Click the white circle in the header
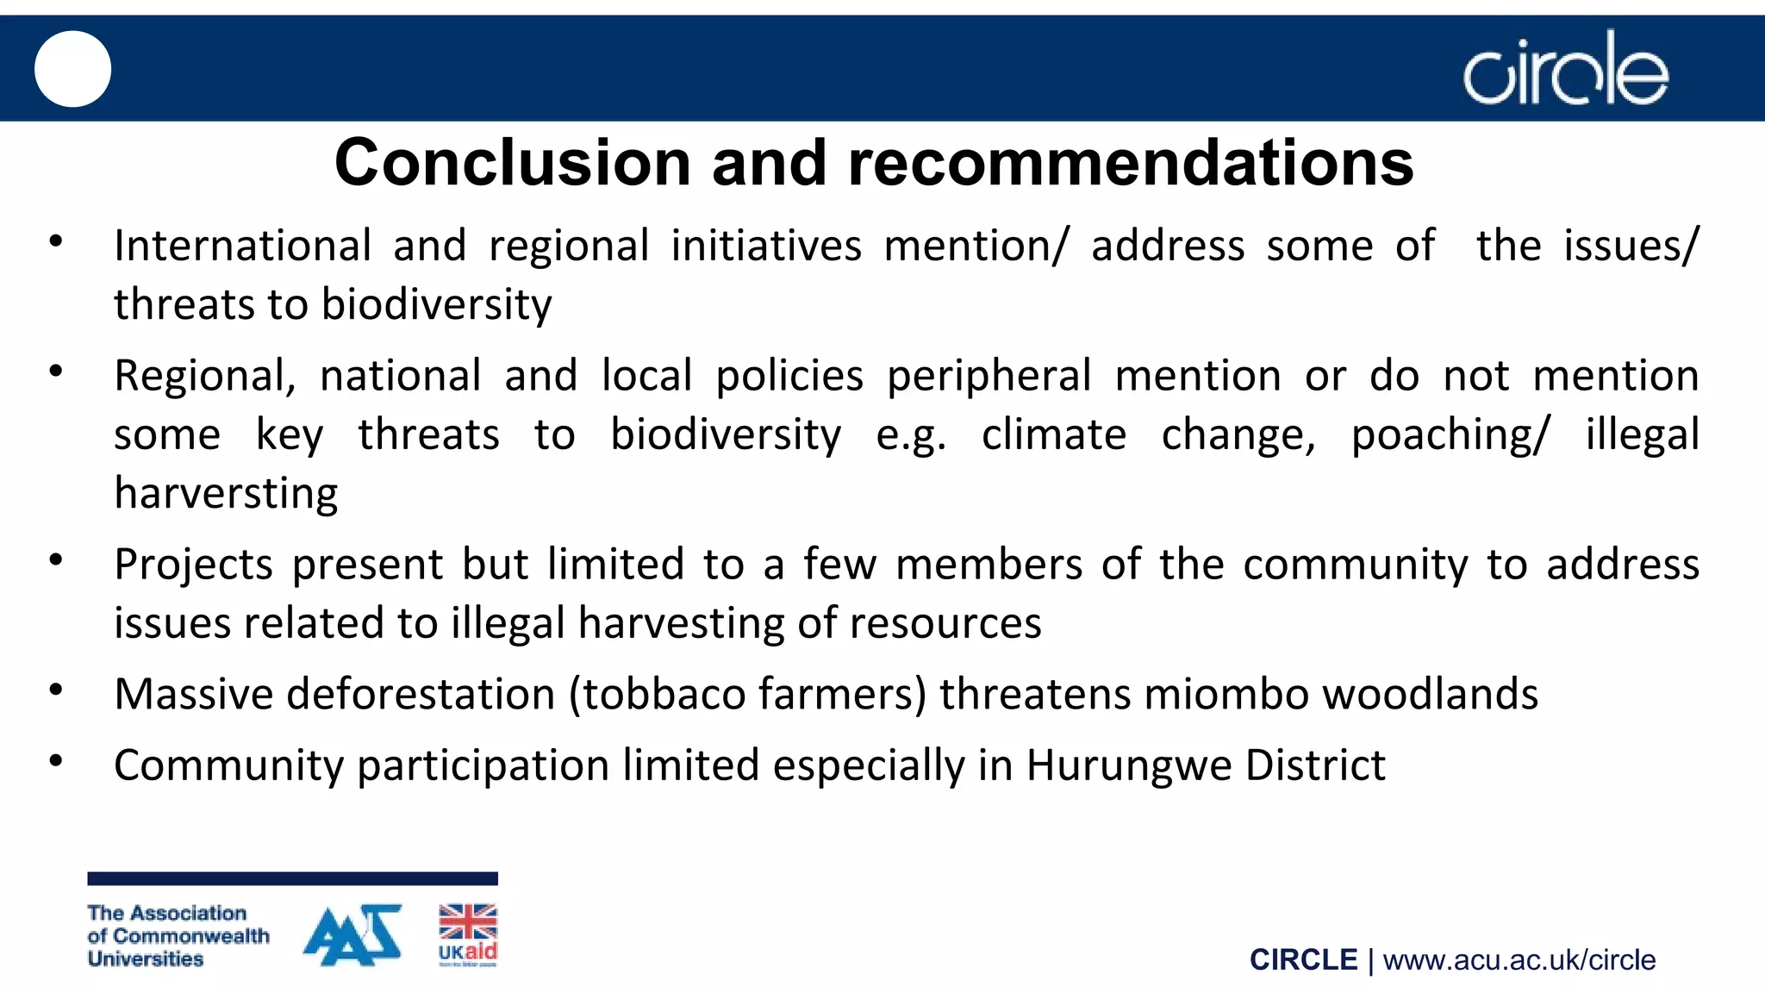coord(72,69)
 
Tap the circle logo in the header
coord(1565,69)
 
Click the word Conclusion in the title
coord(513,163)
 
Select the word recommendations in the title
coord(1131,163)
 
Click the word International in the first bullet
coord(242,246)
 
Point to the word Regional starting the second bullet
coord(205,377)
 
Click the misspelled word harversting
coord(226,494)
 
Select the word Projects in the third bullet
coord(193,565)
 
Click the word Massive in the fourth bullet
coord(193,695)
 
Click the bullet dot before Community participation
coord(56,761)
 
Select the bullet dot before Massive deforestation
coord(56,690)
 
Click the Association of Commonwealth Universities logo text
coord(178,936)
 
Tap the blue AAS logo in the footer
coord(353,935)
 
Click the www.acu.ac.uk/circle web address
coord(1519,960)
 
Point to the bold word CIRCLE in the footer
coord(1303,960)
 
